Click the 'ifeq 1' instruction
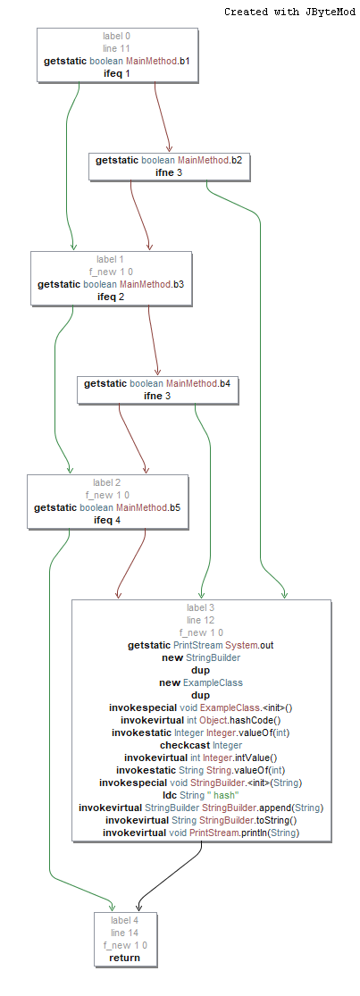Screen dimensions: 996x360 [117, 73]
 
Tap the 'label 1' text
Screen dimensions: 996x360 [110, 259]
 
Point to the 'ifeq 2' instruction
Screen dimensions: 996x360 [110, 297]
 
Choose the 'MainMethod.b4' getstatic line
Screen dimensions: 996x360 [157, 383]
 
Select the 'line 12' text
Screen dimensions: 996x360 [201, 619]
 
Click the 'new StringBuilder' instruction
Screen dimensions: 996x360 [201, 657]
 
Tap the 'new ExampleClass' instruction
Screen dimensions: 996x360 [201, 682]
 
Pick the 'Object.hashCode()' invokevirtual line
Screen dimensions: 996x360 [201, 720]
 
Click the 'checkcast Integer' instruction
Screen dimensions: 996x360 [201, 745]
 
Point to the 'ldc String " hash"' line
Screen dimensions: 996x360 [201, 795]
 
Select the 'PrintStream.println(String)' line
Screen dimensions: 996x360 [201, 833]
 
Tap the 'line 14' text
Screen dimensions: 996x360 [125, 932]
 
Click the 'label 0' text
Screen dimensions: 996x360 [117, 36]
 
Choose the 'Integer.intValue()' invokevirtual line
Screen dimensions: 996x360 [201, 757]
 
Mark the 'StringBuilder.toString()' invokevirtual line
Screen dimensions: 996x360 [201, 820]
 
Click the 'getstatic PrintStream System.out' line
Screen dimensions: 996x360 [201, 644]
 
